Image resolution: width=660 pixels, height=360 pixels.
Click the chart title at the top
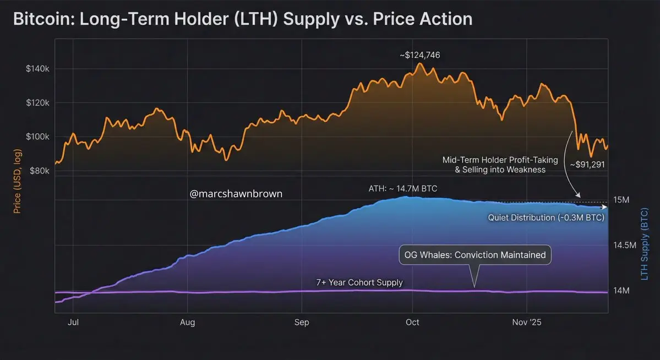tap(242, 19)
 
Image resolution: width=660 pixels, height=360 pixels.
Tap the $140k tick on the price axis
tap(38, 69)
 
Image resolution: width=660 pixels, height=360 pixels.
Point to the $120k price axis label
tap(38, 103)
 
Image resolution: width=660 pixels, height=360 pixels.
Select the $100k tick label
tap(38, 137)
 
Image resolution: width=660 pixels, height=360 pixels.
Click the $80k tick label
tap(40, 171)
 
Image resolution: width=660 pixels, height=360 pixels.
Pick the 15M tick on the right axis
tap(621, 199)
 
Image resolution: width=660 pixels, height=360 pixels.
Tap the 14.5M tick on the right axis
tap(625, 245)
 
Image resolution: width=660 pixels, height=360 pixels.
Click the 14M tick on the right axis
tap(621, 290)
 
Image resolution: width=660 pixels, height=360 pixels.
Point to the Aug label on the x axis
tap(188, 323)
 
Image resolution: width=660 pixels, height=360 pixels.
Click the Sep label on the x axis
tap(302, 323)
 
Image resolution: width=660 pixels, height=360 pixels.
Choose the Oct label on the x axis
tap(412, 323)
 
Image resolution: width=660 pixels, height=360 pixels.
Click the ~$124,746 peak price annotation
tap(419, 55)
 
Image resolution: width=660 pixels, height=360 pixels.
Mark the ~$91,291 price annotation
tap(587, 164)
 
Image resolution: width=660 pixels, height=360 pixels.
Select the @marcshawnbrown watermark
tap(236, 194)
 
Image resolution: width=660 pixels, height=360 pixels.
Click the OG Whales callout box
tap(474, 255)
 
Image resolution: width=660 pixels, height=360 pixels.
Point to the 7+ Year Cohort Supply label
tap(359, 282)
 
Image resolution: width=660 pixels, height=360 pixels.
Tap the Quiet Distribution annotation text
tap(546, 217)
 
